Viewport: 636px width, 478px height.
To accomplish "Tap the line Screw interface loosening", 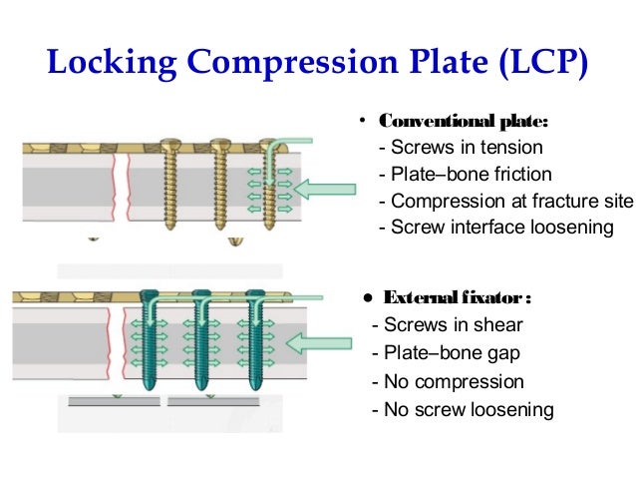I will tap(496, 227).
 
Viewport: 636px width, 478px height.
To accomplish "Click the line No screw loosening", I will tap(462, 409).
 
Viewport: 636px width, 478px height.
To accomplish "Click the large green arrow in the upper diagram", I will tap(330, 188).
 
